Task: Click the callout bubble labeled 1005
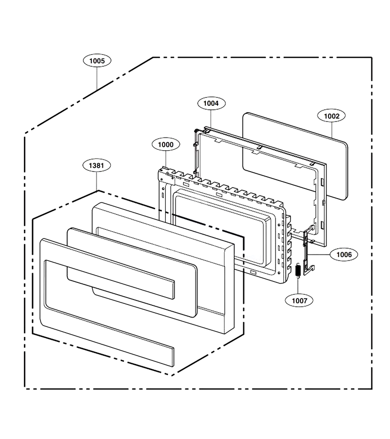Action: (97, 61)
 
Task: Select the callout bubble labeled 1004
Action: (211, 103)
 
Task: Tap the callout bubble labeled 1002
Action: (331, 116)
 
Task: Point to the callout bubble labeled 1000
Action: (166, 144)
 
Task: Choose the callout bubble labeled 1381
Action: (97, 165)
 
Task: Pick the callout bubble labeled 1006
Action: (344, 255)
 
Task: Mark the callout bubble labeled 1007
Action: (299, 300)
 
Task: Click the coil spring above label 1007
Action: (298, 270)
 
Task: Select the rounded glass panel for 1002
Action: (295, 156)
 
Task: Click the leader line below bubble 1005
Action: (97, 79)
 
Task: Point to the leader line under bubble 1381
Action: (97, 181)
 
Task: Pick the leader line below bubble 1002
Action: (332, 130)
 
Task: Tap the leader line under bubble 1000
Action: (166, 159)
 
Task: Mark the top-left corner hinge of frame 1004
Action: (196, 131)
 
